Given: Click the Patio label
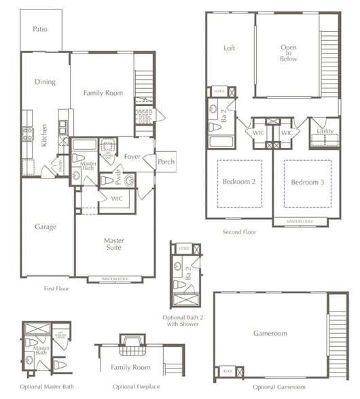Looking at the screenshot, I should [40, 29].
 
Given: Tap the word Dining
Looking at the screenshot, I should [45, 82].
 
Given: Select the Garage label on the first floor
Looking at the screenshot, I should [46, 227].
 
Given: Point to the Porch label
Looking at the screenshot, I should [166, 161].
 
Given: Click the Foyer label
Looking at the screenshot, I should [132, 157].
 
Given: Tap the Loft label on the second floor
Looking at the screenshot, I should [230, 48].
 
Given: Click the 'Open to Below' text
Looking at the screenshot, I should [289, 53].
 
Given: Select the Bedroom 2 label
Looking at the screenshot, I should [239, 182].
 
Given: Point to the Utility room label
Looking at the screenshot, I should [325, 131].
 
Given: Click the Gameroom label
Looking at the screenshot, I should [270, 333].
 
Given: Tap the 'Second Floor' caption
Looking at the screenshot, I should [239, 232].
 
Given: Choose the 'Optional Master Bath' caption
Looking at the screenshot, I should [48, 387].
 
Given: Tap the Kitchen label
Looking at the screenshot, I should [45, 136].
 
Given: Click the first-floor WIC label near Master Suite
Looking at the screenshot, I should [117, 198].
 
